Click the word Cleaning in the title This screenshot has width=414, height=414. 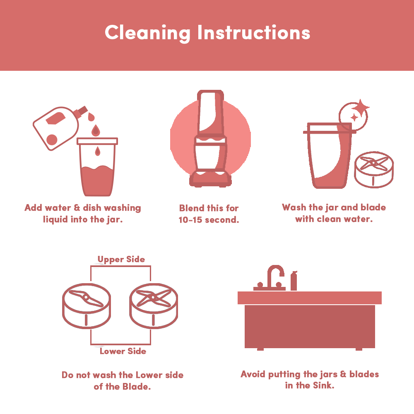point(147,33)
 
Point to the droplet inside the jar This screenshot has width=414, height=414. point(98,151)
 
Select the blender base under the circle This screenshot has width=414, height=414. point(210,179)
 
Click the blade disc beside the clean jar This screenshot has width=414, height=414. point(373,169)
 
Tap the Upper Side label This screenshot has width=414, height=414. point(121,259)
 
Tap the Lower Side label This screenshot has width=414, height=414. point(123,351)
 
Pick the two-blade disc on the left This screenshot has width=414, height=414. point(87,306)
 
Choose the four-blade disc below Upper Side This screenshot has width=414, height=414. point(154,306)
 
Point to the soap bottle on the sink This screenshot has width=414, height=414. point(294,281)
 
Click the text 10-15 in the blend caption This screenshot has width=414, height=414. point(190,220)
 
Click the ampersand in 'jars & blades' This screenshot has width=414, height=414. point(343,374)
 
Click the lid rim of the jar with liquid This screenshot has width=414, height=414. point(97,141)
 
